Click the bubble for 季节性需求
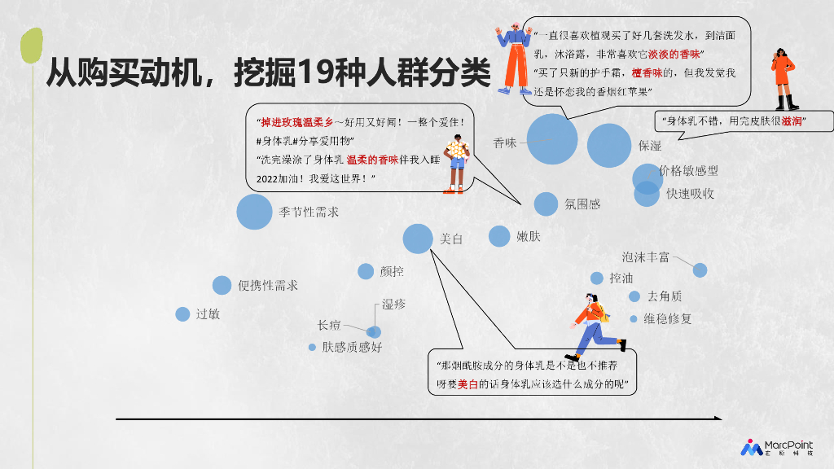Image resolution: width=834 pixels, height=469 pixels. pyautogui.click(x=254, y=212)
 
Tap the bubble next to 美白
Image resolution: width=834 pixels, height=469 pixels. pyautogui.click(x=418, y=239)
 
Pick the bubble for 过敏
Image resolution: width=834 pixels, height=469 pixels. pyautogui.click(x=182, y=314)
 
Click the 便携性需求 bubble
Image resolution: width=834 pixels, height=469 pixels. pyautogui.click(x=222, y=285)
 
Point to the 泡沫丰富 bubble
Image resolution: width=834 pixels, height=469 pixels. pyautogui.click(x=700, y=270)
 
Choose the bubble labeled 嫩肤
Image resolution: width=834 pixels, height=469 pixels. pyautogui.click(x=499, y=236)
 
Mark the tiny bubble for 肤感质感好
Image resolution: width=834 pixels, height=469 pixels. pyautogui.click(x=312, y=347)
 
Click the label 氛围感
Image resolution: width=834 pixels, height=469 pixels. pyautogui.click(x=582, y=204)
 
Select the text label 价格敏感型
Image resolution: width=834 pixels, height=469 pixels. pyautogui.click(x=689, y=171)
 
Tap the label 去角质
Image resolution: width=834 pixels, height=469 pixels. pyautogui.click(x=665, y=296)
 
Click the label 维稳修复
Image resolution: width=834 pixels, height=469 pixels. pyautogui.click(x=668, y=318)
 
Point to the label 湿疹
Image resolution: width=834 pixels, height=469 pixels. pyautogui.click(x=394, y=305)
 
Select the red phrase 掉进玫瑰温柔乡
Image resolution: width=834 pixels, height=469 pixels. pyautogui.click(x=296, y=123)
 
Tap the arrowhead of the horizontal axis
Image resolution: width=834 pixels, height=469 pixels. pyautogui.click(x=718, y=419)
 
